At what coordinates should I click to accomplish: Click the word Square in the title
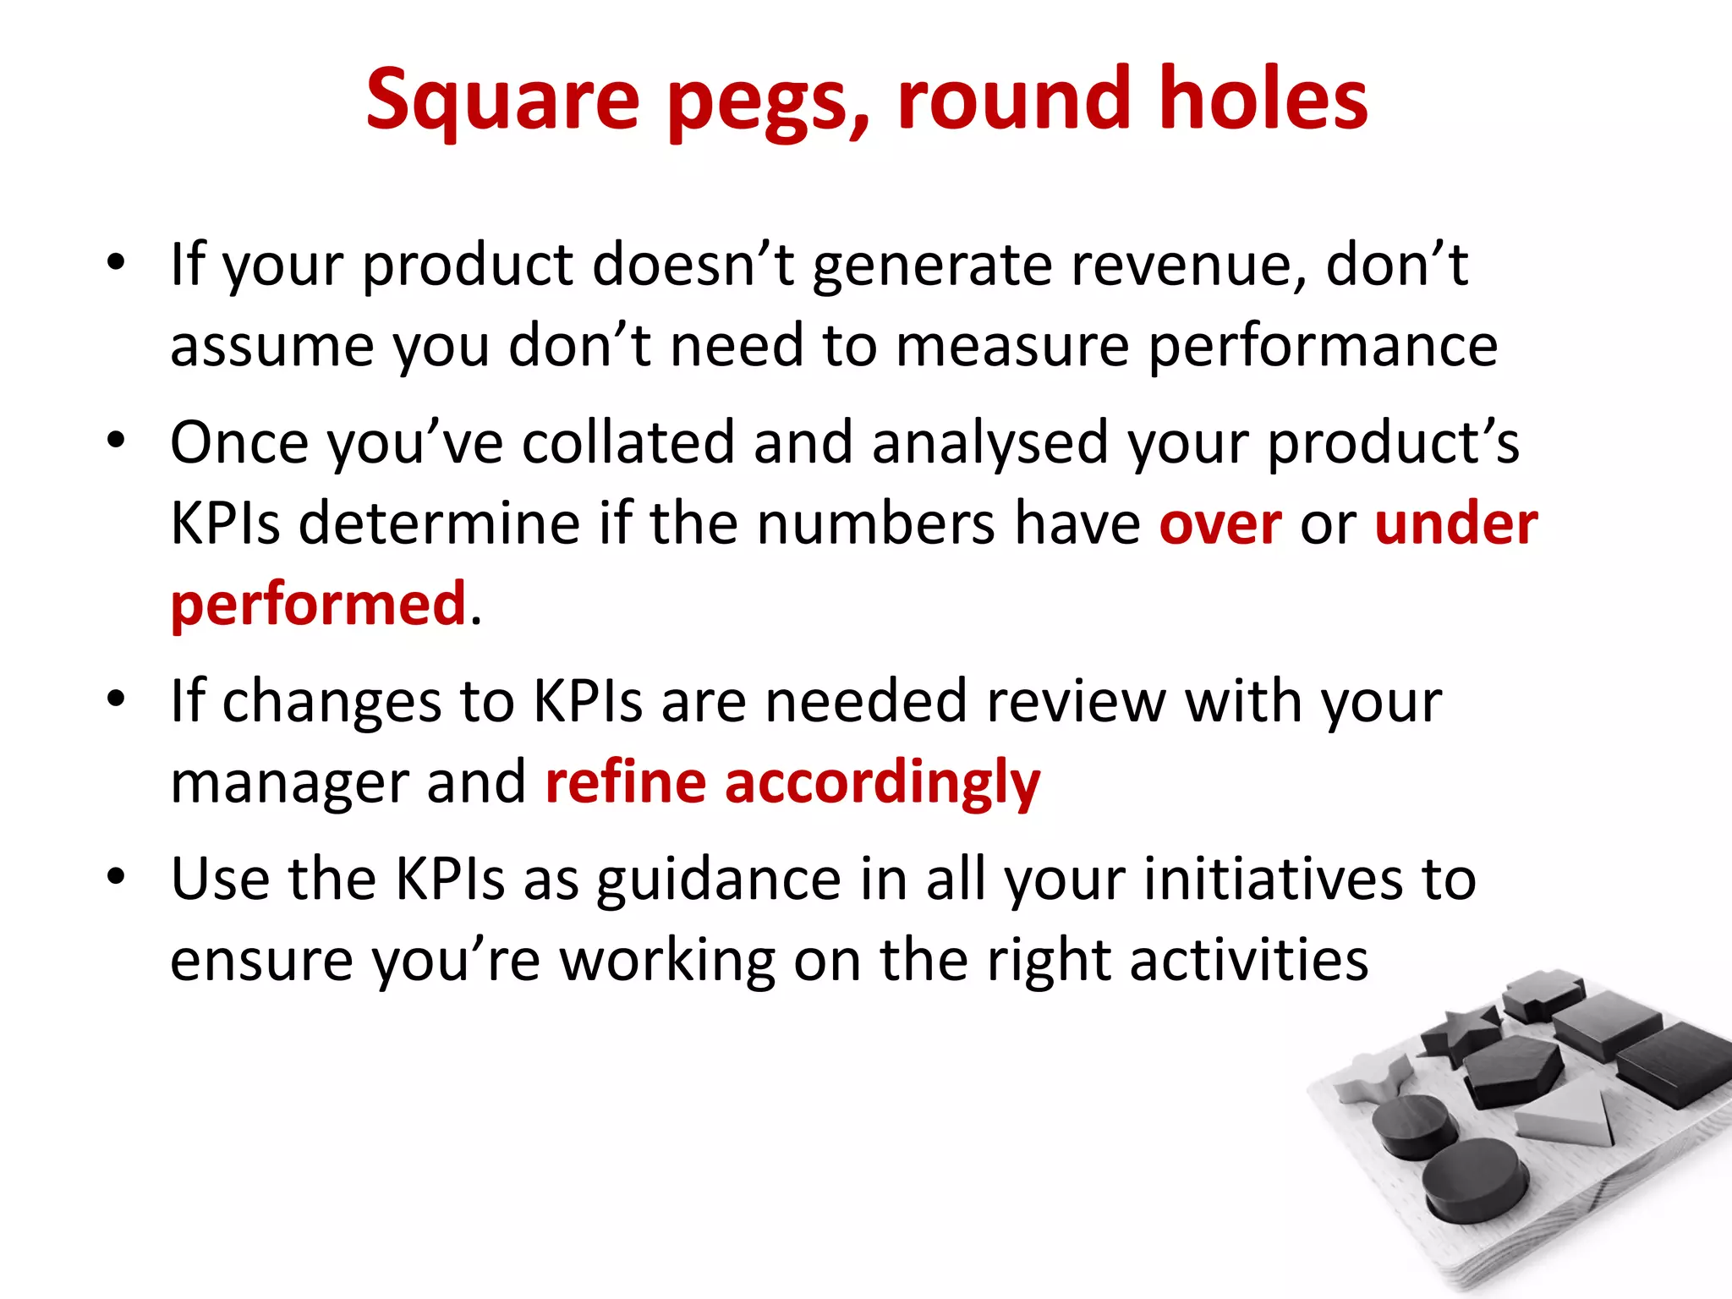(502, 101)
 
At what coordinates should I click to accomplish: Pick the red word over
(1220, 523)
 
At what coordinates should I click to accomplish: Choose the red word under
(1455, 523)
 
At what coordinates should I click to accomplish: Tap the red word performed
(318, 605)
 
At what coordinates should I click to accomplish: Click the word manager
(288, 783)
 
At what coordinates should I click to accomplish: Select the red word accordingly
(882, 783)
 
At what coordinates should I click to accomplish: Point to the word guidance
(718, 880)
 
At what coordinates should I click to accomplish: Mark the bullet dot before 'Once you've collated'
(116, 441)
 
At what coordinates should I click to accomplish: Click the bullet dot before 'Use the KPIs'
(116, 877)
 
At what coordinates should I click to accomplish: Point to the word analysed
(989, 442)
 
